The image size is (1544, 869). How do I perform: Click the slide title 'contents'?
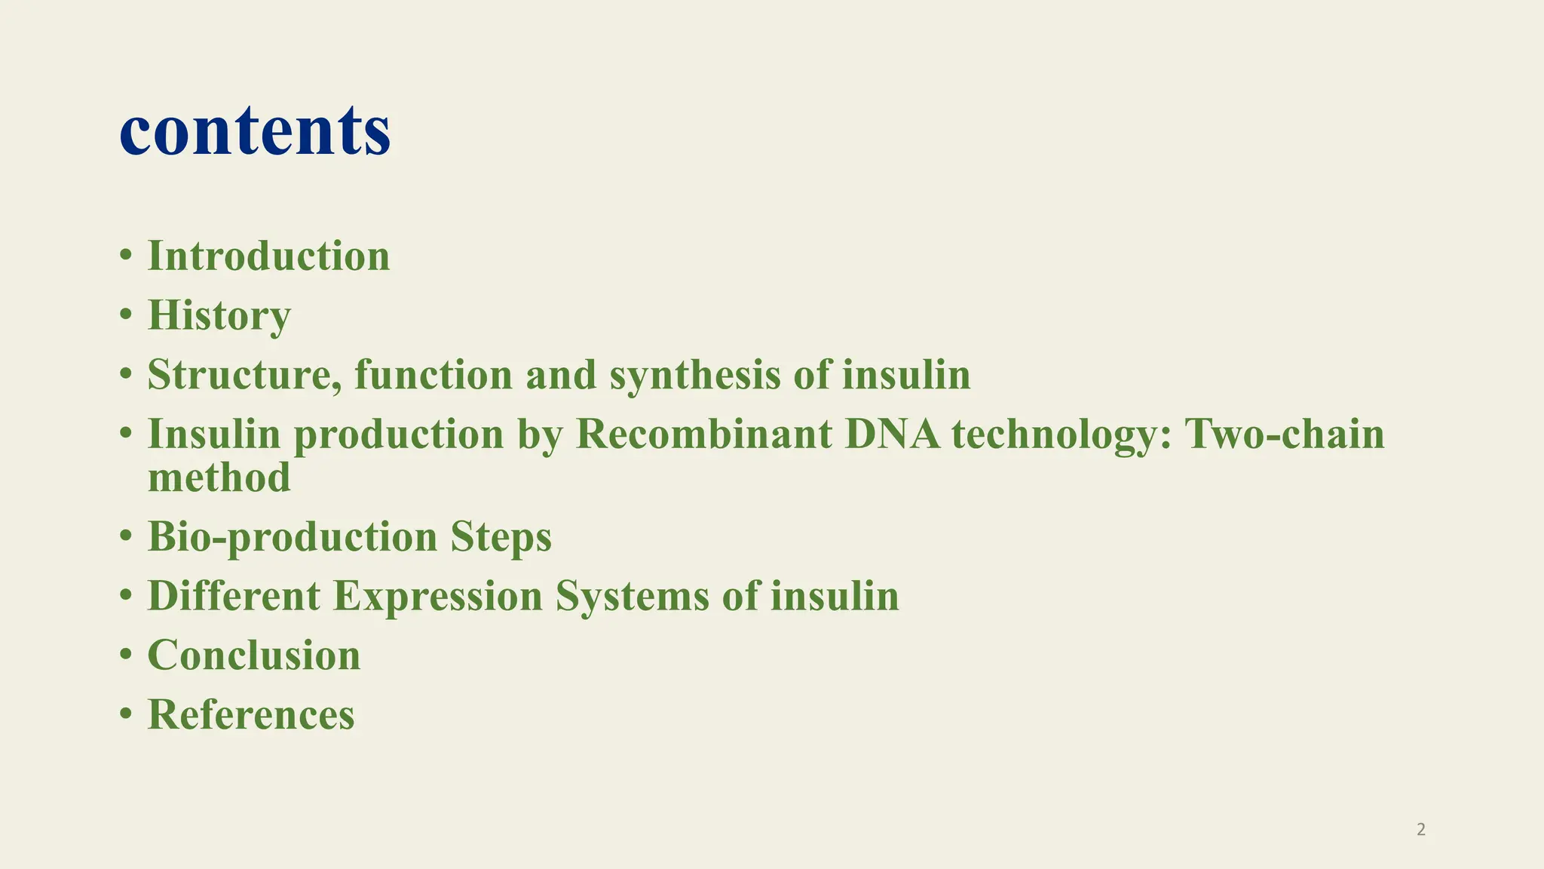pyautogui.click(x=255, y=130)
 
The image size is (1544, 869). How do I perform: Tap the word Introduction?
pyautogui.click(x=268, y=256)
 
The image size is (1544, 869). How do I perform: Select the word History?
pyautogui.click(x=219, y=315)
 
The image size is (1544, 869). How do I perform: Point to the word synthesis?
pyautogui.click(x=694, y=376)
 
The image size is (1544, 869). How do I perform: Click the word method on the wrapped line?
pyautogui.click(x=219, y=477)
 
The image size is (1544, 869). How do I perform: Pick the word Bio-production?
pyautogui.click(x=293, y=538)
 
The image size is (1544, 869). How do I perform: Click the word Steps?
pyautogui.click(x=501, y=538)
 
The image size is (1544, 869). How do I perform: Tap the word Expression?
pyautogui.click(x=437, y=596)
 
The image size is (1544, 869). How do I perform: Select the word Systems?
pyautogui.click(x=632, y=596)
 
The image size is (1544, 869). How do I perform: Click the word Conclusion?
pyautogui.click(x=254, y=655)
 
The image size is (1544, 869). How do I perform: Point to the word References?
pyautogui.click(x=251, y=714)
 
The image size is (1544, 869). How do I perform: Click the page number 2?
pyautogui.click(x=1421, y=830)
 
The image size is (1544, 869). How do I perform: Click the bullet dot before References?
pyautogui.click(x=126, y=715)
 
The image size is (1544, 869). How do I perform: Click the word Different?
pyautogui.click(x=234, y=596)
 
